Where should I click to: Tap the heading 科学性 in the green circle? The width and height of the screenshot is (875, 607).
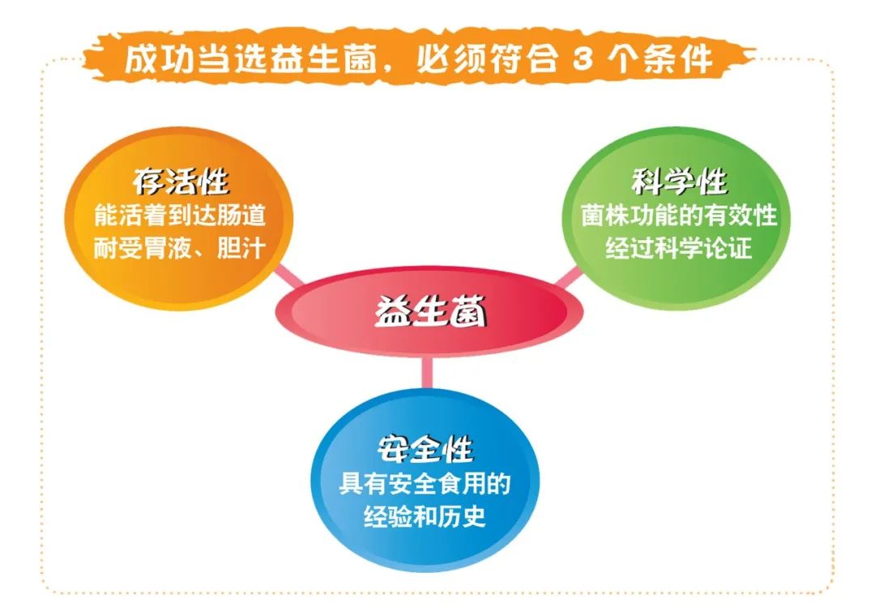pos(678,182)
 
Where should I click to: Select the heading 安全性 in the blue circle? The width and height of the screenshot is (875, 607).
pos(425,447)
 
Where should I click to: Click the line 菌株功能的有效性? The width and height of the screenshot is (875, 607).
pos(679,216)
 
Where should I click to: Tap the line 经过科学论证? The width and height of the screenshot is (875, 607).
pos(679,248)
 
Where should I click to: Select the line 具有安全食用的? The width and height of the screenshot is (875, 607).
pos(425,484)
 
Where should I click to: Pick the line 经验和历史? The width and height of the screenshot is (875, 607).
pos(425,516)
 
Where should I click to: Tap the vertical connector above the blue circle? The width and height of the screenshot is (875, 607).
pos(426,374)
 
